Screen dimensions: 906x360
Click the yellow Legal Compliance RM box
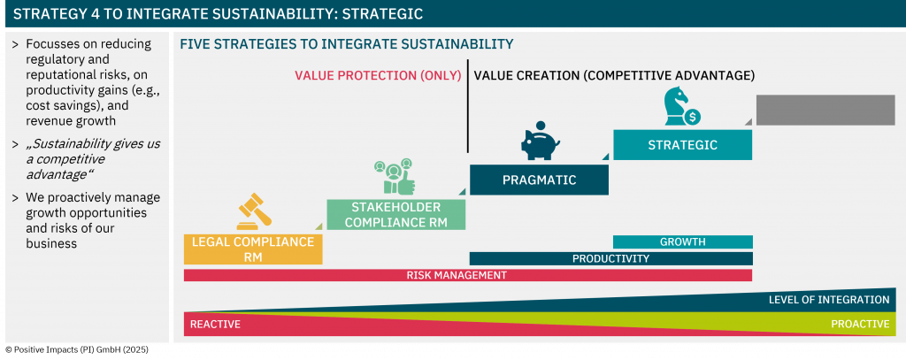click(x=253, y=249)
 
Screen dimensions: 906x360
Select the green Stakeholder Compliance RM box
click(x=395, y=214)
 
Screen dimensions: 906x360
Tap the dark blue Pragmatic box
click(x=539, y=180)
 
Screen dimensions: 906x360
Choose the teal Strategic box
click(x=682, y=144)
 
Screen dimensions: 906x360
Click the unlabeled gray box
click(x=825, y=110)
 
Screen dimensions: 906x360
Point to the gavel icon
click(x=254, y=211)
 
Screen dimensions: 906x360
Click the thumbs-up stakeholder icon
click(x=395, y=176)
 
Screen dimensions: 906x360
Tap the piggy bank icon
click(x=540, y=141)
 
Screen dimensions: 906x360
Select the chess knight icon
click(x=681, y=106)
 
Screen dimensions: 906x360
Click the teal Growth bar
click(x=682, y=241)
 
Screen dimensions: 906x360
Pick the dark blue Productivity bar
click(x=610, y=258)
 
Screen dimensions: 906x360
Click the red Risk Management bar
click(x=468, y=275)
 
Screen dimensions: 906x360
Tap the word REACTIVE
click(x=215, y=324)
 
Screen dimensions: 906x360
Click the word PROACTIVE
click(x=860, y=324)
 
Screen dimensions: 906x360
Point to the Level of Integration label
click(x=828, y=300)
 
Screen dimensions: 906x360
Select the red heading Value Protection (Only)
click(x=378, y=76)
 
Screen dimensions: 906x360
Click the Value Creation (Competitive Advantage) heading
click(x=614, y=76)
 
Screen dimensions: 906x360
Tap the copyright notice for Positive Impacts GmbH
click(x=77, y=349)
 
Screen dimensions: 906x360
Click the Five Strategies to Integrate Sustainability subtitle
click(x=347, y=44)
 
